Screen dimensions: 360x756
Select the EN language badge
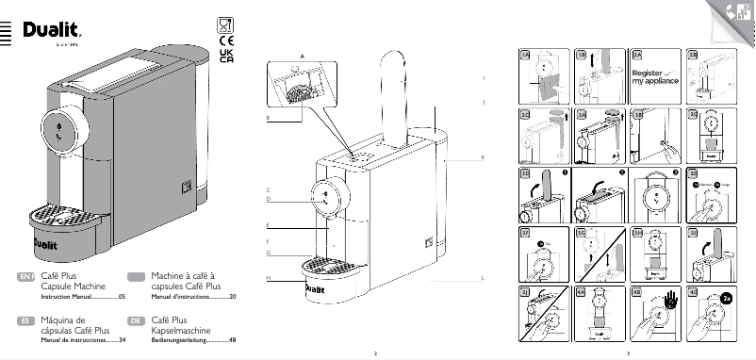[x=26, y=276]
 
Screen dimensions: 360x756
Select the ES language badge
[x=26, y=321]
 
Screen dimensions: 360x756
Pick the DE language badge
[x=136, y=321]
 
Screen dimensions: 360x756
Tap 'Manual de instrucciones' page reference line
[x=70, y=340]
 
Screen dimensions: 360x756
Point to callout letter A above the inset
[x=302, y=56]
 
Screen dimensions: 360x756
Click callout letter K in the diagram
[x=482, y=156]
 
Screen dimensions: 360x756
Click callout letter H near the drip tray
[x=268, y=279]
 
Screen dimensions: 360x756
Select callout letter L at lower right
[x=482, y=279]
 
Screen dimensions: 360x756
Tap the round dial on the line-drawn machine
[x=326, y=195]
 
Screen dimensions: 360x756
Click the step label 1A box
[x=524, y=57]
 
